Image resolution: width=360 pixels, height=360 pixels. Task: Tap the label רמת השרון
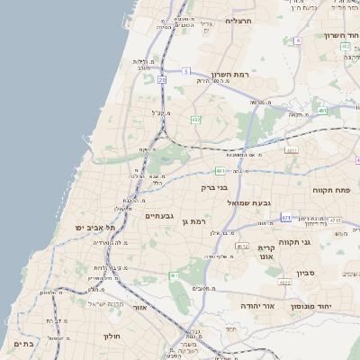[229, 75]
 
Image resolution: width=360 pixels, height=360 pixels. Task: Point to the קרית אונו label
[266, 252]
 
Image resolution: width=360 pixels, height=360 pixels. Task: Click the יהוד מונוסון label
[311, 307]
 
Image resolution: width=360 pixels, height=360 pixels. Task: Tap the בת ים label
[24, 344]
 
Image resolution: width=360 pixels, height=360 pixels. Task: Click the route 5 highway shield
[185, 70]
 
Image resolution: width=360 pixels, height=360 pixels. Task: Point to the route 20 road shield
[162, 80]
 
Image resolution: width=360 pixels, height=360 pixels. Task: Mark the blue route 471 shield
[286, 217]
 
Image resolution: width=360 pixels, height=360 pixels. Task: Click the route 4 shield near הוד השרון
[295, 117]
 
